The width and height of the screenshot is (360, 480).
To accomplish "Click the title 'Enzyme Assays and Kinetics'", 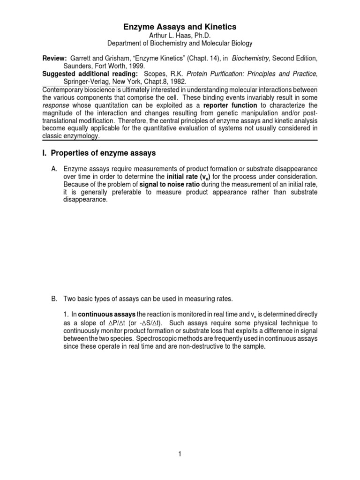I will (180, 27).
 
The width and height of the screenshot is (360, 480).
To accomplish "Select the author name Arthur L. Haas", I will (180, 36).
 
